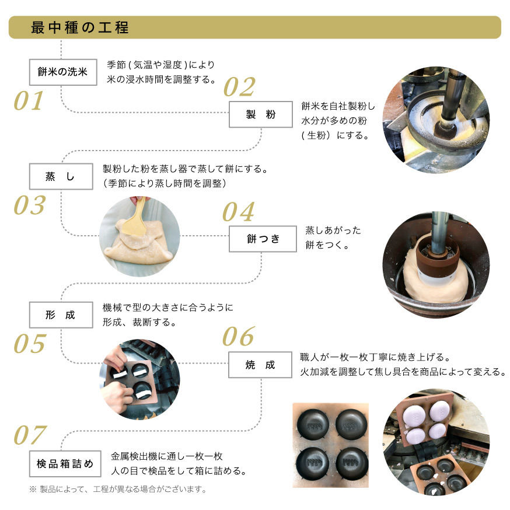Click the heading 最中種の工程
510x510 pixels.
coord(80,27)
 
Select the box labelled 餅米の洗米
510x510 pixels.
coord(63,72)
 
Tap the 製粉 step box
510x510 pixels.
coord(261,114)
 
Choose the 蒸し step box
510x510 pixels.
coord(61,176)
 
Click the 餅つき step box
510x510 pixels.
coord(263,239)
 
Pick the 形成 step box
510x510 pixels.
coord(61,315)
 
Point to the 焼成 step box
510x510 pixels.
coord(260,365)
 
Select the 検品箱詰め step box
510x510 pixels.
coord(65,463)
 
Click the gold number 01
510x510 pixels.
coord(29,100)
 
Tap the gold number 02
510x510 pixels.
coord(239,87)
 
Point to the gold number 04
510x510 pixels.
coord(239,212)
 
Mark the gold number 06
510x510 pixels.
coord(239,336)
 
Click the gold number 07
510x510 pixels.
coord(30,435)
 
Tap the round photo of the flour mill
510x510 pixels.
coord(436,120)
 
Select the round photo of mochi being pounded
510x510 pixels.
coord(436,265)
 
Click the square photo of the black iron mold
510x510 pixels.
coord(331,445)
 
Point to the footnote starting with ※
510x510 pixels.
coord(118,489)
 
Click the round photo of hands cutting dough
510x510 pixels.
coord(139,379)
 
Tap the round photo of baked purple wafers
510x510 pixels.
coord(436,442)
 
